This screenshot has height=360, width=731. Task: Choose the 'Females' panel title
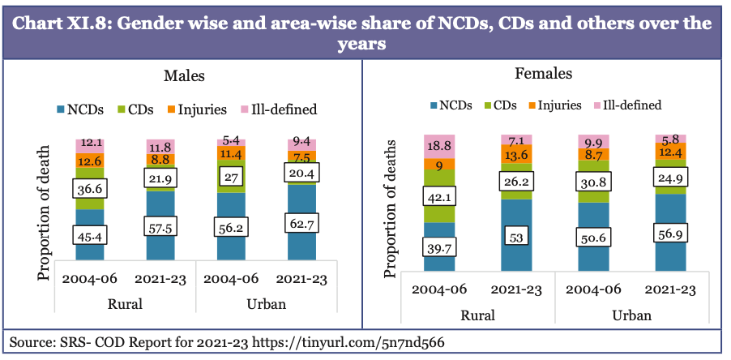(543, 74)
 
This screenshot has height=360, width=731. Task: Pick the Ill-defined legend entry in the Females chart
(627, 105)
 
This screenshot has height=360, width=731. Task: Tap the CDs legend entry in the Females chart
(499, 105)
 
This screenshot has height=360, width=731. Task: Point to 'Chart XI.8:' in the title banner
(64, 24)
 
